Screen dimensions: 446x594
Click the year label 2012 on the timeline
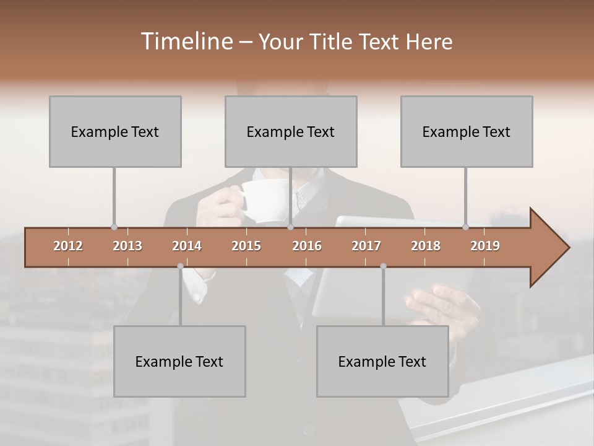[68, 246]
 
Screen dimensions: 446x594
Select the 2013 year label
[127, 246]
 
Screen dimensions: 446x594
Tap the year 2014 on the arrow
[187, 246]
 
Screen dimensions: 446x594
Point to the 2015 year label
[246, 246]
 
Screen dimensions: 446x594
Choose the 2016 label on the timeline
[307, 246]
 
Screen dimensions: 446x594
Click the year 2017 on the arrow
[366, 246]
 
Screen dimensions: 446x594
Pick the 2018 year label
[426, 246]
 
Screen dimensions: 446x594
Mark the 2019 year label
[485, 246]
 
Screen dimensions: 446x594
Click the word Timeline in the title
[186, 42]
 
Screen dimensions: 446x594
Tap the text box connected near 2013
[115, 131]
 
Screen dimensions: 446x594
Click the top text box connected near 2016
[291, 131]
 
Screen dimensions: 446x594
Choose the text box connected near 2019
[467, 131]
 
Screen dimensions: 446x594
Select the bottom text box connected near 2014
[179, 361]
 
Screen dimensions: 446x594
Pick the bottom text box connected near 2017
[382, 361]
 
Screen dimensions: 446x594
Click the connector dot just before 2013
[114, 227]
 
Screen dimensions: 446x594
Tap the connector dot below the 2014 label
[180, 266]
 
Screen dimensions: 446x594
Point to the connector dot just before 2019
[465, 227]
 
